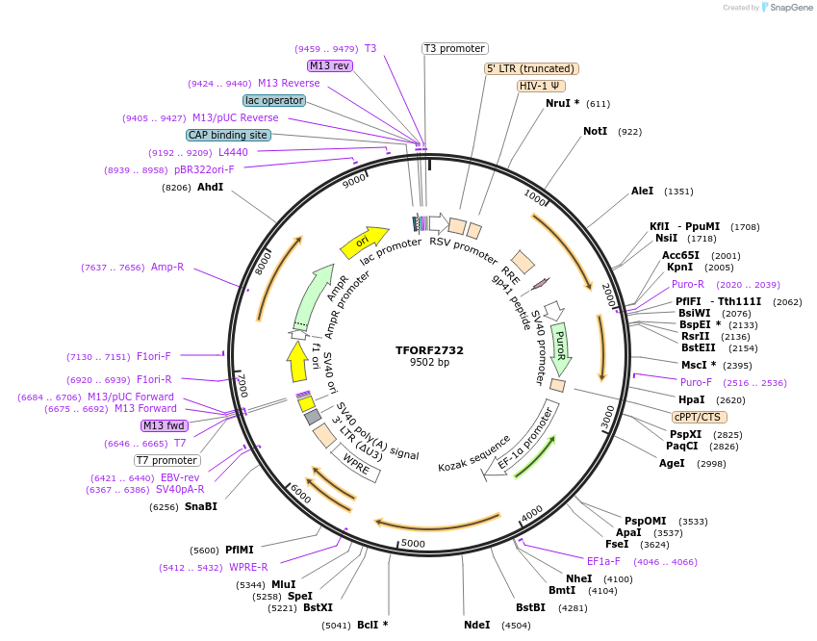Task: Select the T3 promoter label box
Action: click(455, 48)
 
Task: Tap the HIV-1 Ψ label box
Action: click(540, 86)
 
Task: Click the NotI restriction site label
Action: click(595, 131)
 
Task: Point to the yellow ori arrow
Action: click(364, 241)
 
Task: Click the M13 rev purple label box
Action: click(329, 65)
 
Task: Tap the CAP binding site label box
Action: click(228, 136)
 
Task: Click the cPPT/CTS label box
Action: click(700, 417)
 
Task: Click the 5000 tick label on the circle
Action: click(413, 544)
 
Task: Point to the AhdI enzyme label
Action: click(210, 188)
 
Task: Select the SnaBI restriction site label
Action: click(201, 506)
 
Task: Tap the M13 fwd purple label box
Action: click(165, 425)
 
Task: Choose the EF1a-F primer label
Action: click(603, 561)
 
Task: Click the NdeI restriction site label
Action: click(476, 625)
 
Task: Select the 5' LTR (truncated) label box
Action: click(530, 68)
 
